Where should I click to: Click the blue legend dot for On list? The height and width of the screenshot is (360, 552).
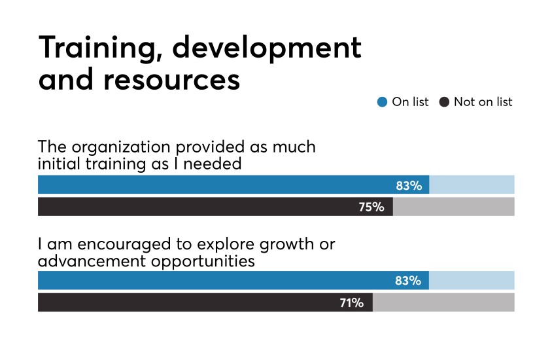click(383, 101)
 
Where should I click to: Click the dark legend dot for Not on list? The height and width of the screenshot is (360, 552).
click(445, 101)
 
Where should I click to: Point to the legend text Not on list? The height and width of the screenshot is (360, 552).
click(483, 101)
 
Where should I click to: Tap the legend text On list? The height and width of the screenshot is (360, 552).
click(410, 101)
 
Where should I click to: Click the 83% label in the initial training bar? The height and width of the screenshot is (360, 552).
click(409, 186)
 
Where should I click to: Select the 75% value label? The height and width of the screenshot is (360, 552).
click(371, 207)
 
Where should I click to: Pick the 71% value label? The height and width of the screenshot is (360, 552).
click(351, 302)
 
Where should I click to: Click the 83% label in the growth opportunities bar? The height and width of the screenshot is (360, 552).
click(409, 281)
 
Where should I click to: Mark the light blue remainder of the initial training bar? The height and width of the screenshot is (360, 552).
click(472, 185)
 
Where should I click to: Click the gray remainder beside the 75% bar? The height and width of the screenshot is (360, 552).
click(453, 207)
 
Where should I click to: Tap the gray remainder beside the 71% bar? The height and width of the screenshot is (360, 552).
click(443, 302)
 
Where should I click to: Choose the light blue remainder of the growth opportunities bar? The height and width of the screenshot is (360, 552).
click(472, 281)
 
